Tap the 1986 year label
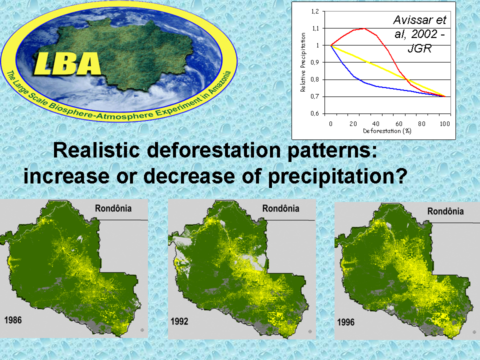click(13, 320)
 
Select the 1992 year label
click(179, 321)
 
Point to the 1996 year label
click(346, 322)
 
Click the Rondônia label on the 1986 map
click(113, 208)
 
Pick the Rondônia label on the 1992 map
click(280, 208)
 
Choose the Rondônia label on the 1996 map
click(445, 211)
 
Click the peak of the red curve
click(364, 28)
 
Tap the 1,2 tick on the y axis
click(315, 11)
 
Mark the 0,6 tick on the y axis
click(315, 113)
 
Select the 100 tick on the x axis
click(445, 123)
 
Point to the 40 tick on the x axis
click(375, 123)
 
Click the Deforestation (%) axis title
click(387, 131)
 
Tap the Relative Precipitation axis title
click(303, 62)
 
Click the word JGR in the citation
click(419, 48)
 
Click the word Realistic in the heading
click(96, 150)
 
